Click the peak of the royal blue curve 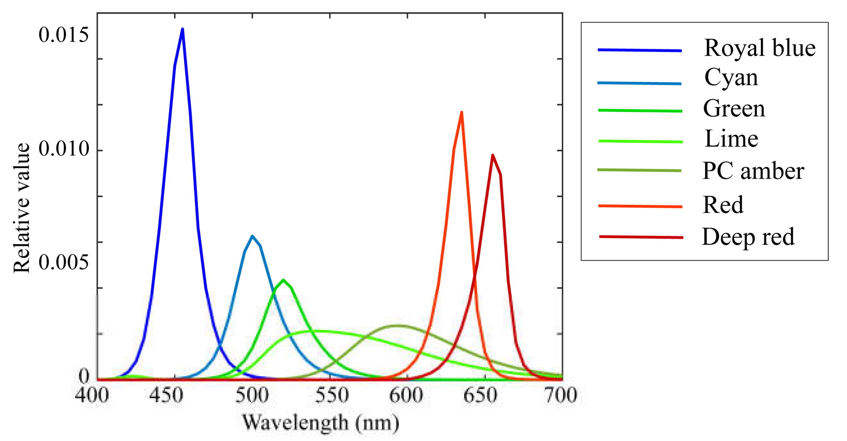pyautogui.click(x=183, y=30)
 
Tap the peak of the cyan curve pyautogui.click(x=252, y=236)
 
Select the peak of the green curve pyautogui.click(x=283, y=280)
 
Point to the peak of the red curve pyautogui.click(x=462, y=113)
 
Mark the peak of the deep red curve pyautogui.click(x=492, y=156)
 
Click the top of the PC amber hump pyautogui.click(x=398, y=326)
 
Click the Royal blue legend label pyautogui.click(x=759, y=48)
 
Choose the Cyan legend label pyautogui.click(x=731, y=78)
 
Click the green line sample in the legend pyautogui.click(x=640, y=111)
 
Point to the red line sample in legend pyautogui.click(x=640, y=206)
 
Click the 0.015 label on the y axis pyautogui.click(x=64, y=35)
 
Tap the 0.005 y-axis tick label pyautogui.click(x=64, y=262)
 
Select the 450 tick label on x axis pyautogui.click(x=166, y=395)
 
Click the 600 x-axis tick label pyautogui.click(x=406, y=395)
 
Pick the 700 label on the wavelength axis pyautogui.click(x=561, y=395)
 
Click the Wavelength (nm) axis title pyautogui.click(x=321, y=423)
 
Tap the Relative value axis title pyautogui.click(x=22, y=208)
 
